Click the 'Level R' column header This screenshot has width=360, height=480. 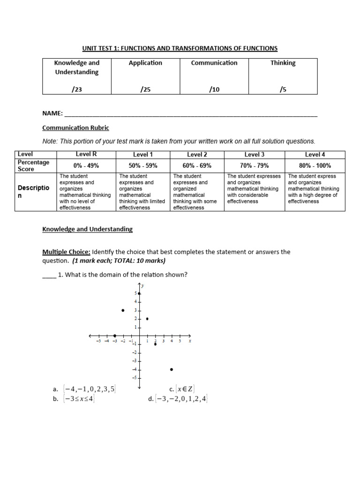[x=86, y=154]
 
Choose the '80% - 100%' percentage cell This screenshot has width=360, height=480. [x=315, y=165]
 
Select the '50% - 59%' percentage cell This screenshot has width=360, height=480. [x=143, y=165]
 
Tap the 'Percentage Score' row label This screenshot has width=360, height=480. [x=33, y=165]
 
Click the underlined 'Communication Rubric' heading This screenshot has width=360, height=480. [x=75, y=127]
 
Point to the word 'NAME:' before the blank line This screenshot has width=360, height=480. [x=52, y=113]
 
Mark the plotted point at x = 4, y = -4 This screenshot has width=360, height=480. [x=172, y=369]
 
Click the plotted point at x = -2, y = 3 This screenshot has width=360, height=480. [x=123, y=310]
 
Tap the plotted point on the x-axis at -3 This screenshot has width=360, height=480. [x=115, y=336]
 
